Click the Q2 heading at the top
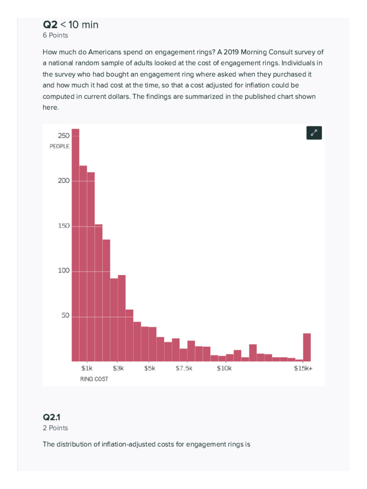coord(50,25)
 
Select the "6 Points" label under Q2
coord(55,35)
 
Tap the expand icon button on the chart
coord(314,133)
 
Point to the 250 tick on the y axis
coord(64,136)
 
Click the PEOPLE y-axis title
coord(60,146)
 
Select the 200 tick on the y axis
coord(64,181)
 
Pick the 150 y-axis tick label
coord(64,225)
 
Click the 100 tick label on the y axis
coord(64,271)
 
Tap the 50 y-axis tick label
coord(65,316)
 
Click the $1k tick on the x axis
coord(87,368)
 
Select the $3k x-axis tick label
coord(118,368)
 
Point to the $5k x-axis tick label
coord(150,368)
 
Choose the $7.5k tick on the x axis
coord(184,368)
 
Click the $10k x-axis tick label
coord(224,368)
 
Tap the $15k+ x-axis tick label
coord(303,368)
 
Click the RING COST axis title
coord(94,379)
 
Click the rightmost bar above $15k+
coord(307,347)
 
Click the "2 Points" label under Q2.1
coord(55,428)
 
